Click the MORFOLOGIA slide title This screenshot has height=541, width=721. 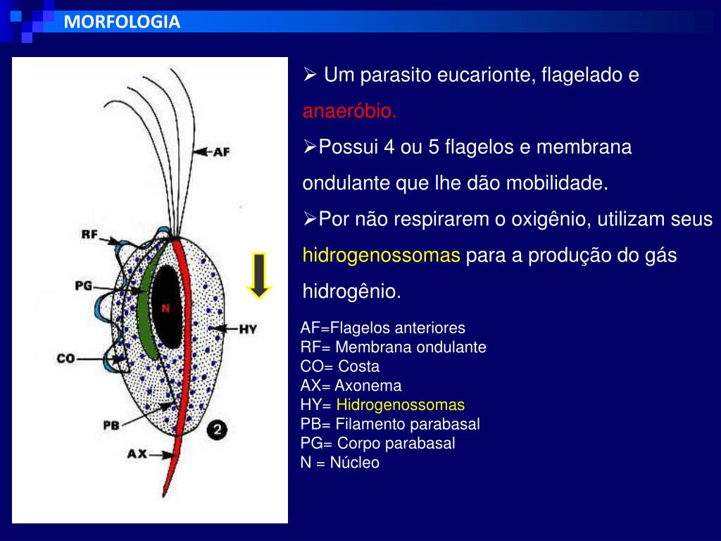point(122,22)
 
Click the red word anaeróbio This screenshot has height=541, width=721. point(350,111)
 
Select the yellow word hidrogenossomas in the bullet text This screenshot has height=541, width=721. point(381,256)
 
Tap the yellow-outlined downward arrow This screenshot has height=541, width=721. point(259,275)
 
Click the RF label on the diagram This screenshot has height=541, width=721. point(89,235)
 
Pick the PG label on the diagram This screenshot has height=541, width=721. point(84,285)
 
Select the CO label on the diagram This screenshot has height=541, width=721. point(66,359)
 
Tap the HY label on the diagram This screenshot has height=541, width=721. point(247,329)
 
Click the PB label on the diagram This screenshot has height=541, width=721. point(111,425)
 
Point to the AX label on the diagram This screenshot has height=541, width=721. point(137,454)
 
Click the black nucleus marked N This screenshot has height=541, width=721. point(167,307)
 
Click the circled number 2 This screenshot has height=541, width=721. point(218,429)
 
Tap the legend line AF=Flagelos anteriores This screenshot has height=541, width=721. point(383,328)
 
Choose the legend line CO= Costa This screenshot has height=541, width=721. point(339,366)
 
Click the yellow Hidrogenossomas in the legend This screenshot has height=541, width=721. point(401,405)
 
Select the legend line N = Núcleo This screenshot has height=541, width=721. point(339,463)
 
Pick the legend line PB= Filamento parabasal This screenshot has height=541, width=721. point(390,424)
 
